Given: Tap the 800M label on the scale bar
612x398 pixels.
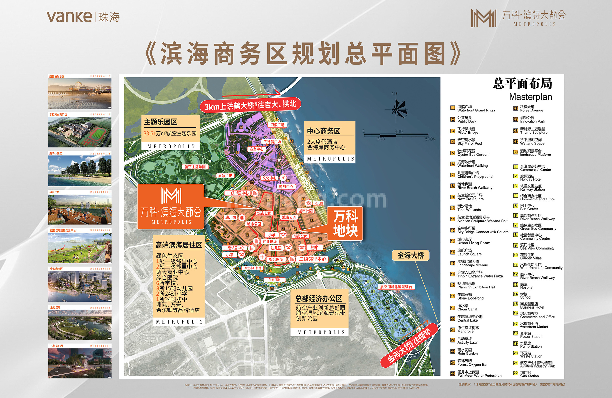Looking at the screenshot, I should tap(430, 139).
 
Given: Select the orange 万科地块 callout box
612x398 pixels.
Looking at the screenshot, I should tap(345, 223).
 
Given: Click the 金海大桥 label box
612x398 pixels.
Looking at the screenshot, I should tap(410, 255).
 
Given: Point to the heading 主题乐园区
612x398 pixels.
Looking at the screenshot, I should tap(160, 122).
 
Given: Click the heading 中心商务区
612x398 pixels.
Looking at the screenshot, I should tap(323, 131).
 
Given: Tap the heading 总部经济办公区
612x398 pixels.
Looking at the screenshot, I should tap(319, 298).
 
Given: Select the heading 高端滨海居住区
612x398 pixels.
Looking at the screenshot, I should tap(178, 245).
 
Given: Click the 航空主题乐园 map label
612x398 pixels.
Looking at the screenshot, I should tap(195, 167).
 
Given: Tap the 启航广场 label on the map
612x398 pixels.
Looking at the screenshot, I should tap(225, 176).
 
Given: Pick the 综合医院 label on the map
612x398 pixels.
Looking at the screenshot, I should tap(276, 260).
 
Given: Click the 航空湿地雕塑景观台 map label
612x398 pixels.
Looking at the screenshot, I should tap(396, 287).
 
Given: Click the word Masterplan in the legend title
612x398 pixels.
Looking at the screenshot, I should tap(530, 97).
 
